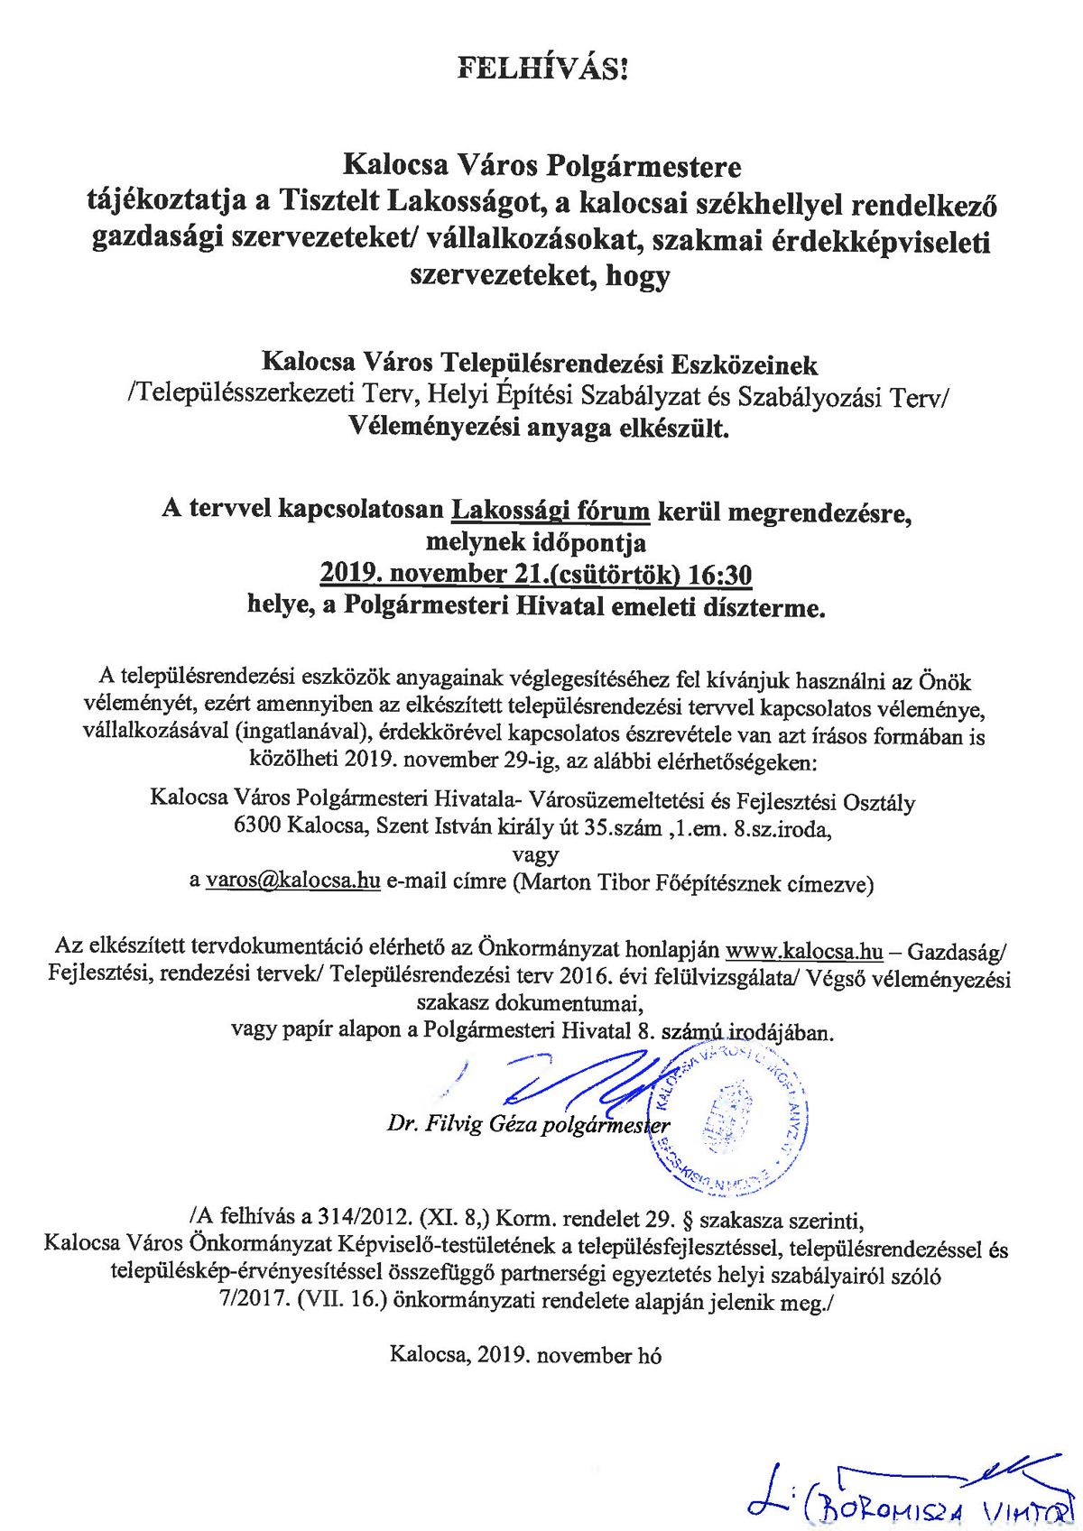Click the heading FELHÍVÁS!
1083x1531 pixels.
[x=541, y=69]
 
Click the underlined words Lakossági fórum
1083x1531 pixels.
[x=551, y=511]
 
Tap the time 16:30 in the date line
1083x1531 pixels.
[x=719, y=575]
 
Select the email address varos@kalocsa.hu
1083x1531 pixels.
[x=293, y=881]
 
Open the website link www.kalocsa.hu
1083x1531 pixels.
[x=804, y=951]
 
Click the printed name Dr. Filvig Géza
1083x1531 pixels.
[x=462, y=1124]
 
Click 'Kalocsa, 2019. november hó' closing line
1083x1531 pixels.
[x=525, y=1355]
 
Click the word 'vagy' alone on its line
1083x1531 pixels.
[x=535, y=854]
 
